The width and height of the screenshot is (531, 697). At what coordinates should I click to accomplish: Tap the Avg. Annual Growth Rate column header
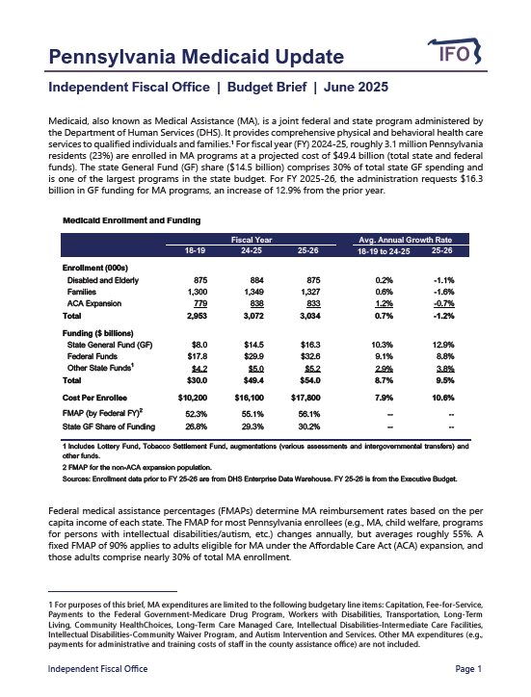[x=405, y=239]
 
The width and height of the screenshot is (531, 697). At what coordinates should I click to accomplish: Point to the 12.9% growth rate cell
[x=442, y=344]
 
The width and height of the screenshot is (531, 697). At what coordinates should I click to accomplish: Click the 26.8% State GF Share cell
[x=193, y=426]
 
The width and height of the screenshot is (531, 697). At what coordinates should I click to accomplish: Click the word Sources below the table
[x=78, y=478]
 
